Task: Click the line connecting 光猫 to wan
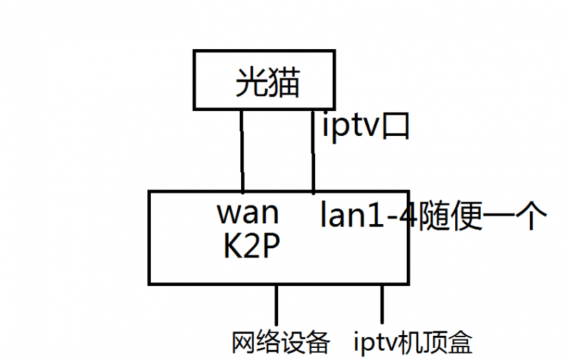(242, 152)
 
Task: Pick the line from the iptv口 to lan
(314, 152)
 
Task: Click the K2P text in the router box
(248, 248)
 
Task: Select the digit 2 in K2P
(248, 248)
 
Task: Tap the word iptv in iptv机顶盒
(374, 342)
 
